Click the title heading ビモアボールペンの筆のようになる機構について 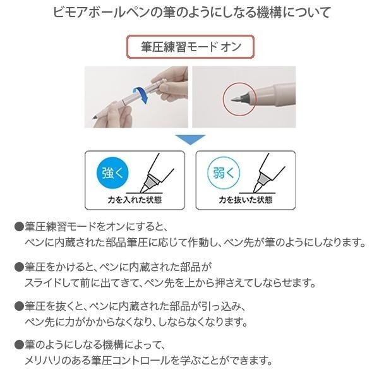tap(189, 13)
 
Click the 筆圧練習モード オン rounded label tap(189, 47)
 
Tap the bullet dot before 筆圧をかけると tap(18, 268)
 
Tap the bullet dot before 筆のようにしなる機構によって tap(18, 346)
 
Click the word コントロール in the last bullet tap(164, 362)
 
